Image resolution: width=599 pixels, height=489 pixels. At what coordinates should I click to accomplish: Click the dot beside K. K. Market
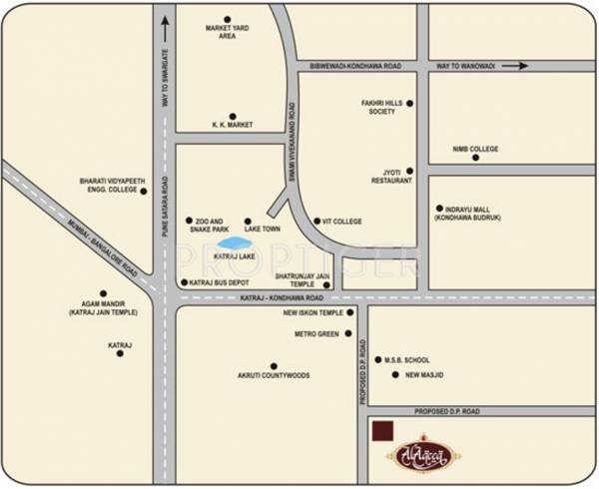click(232, 116)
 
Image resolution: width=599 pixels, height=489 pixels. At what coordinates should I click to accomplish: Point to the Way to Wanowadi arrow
click(514, 67)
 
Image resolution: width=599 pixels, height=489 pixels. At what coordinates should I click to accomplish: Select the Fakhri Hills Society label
click(380, 107)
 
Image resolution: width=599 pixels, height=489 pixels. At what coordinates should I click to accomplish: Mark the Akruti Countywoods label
click(274, 376)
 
